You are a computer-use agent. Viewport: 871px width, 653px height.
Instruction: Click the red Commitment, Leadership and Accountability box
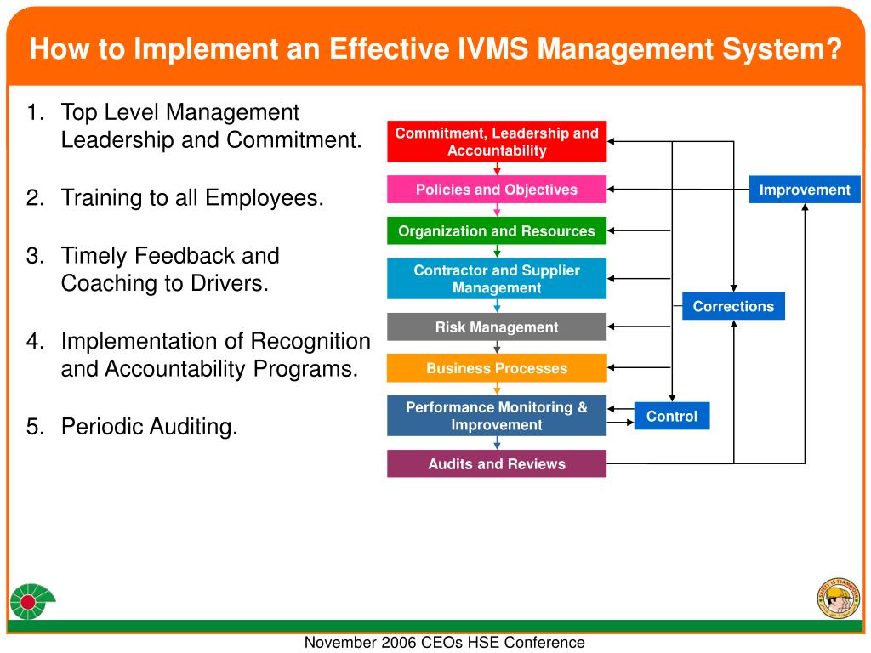tap(497, 142)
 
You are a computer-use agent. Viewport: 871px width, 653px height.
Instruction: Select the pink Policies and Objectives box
tap(497, 190)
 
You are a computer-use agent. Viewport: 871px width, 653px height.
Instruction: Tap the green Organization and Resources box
tap(497, 231)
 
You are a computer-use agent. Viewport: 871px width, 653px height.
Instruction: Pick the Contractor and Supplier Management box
tap(497, 279)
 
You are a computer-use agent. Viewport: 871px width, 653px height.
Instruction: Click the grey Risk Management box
tap(497, 326)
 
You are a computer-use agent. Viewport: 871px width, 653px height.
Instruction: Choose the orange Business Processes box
tap(497, 368)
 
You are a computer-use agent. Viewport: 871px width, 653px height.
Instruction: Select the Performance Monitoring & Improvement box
tap(497, 416)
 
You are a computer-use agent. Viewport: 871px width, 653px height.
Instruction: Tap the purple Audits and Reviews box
tap(497, 463)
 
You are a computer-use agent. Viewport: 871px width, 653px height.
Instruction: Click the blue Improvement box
tap(805, 190)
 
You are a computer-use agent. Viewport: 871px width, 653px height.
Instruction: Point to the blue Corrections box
tap(733, 306)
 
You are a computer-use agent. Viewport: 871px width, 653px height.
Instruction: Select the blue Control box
tap(671, 416)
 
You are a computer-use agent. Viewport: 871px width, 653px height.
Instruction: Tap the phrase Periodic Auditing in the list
tap(149, 426)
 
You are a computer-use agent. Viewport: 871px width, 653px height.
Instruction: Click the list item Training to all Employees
tap(192, 198)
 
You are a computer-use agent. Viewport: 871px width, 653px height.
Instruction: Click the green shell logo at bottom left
tap(31, 602)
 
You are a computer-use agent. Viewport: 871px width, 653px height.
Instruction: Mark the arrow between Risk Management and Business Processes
tap(497, 347)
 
